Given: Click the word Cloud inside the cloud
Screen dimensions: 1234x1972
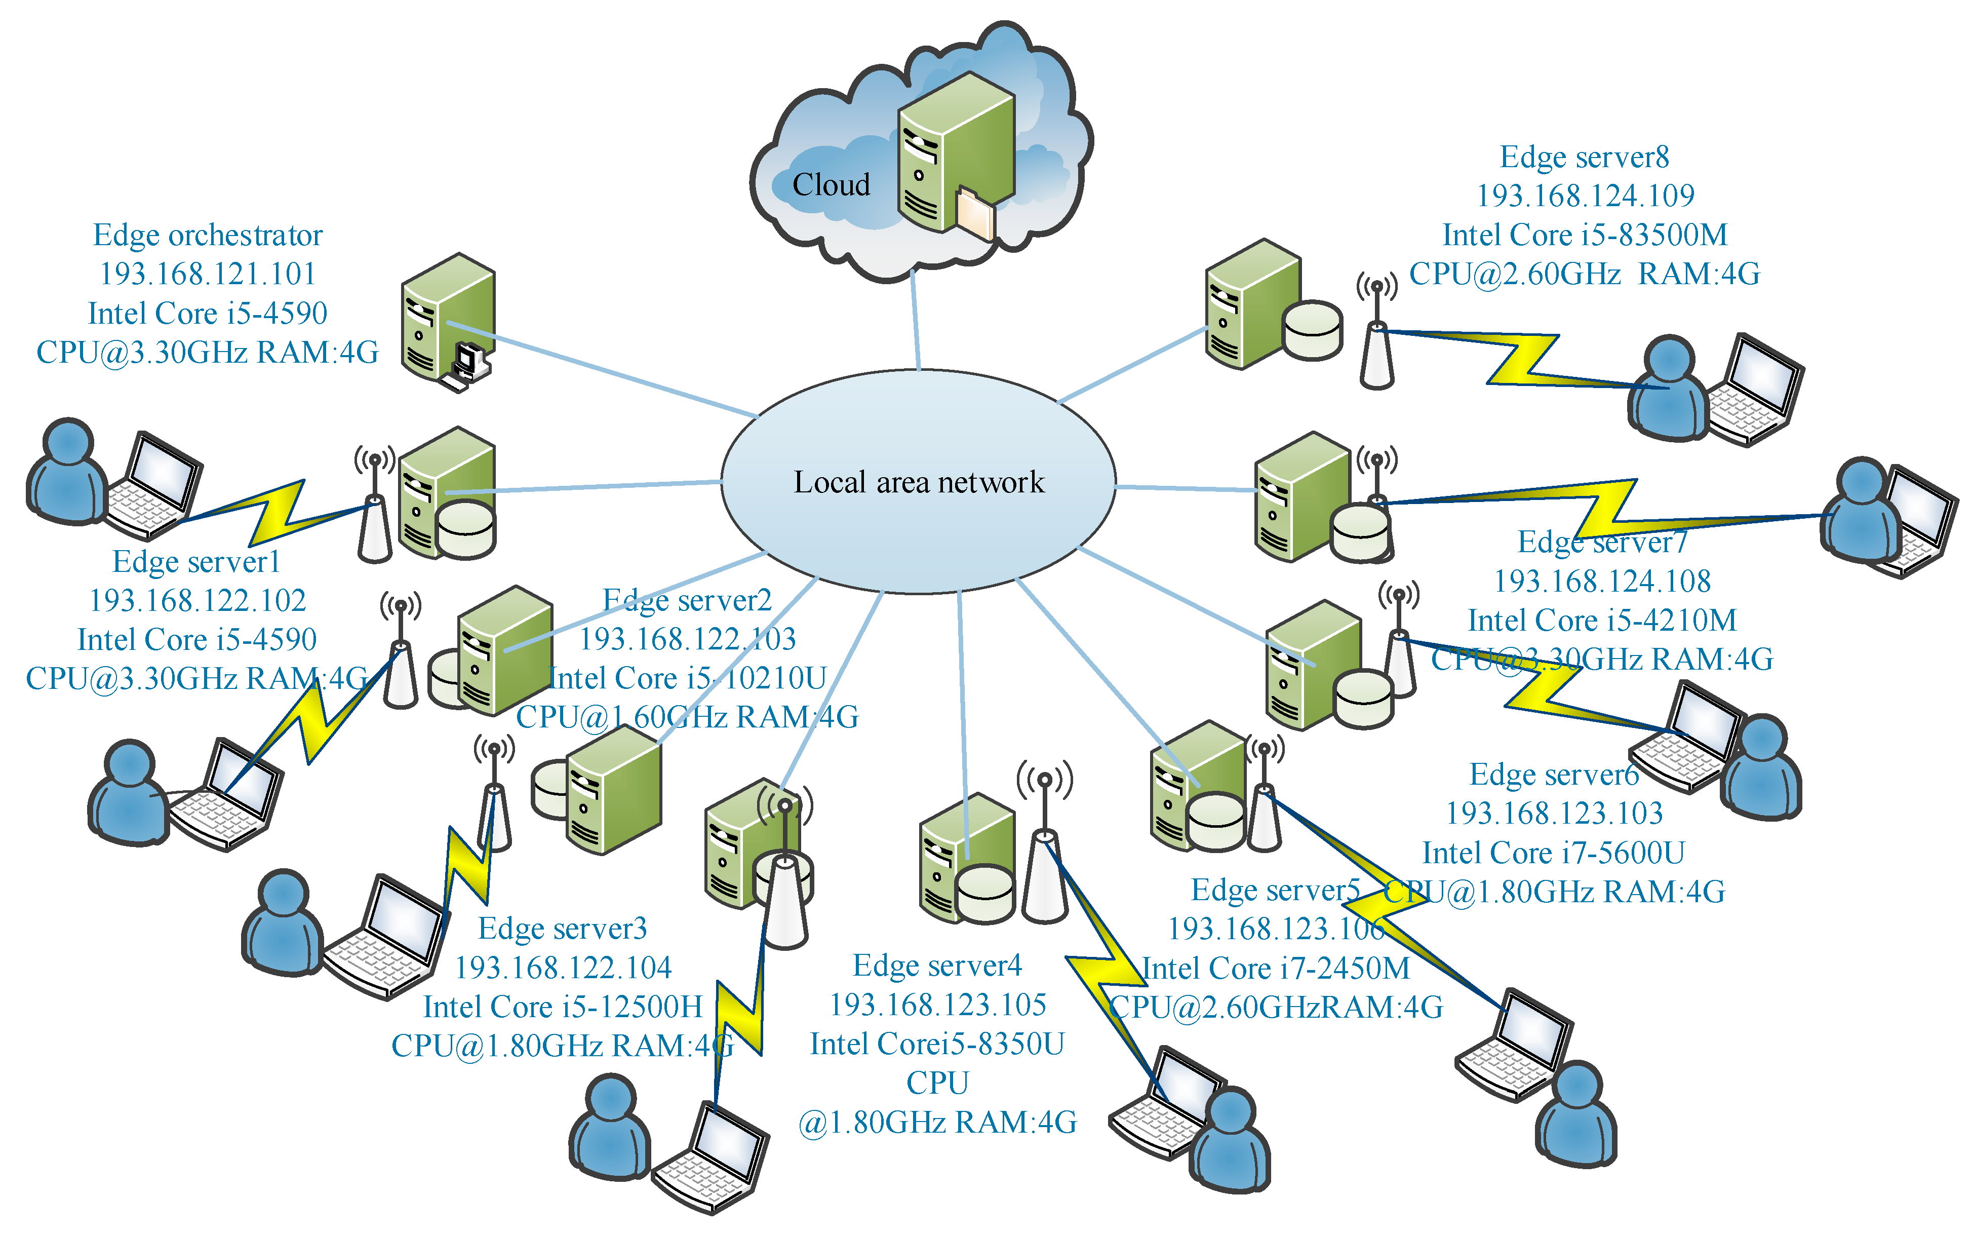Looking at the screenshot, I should click(x=831, y=185).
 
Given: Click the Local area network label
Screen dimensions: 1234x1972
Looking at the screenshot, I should click(x=919, y=482).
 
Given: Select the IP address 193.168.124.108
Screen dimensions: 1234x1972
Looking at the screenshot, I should click(x=1602, y=581).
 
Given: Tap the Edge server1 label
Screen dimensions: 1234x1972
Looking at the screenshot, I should click(x=196, y=561).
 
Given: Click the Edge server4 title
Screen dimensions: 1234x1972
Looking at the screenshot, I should click(x=937, y=966).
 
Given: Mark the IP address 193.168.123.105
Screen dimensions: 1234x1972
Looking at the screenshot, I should click(x=937, y=1005).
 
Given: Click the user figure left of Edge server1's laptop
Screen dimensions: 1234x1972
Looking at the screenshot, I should click(x=67, y=473).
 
